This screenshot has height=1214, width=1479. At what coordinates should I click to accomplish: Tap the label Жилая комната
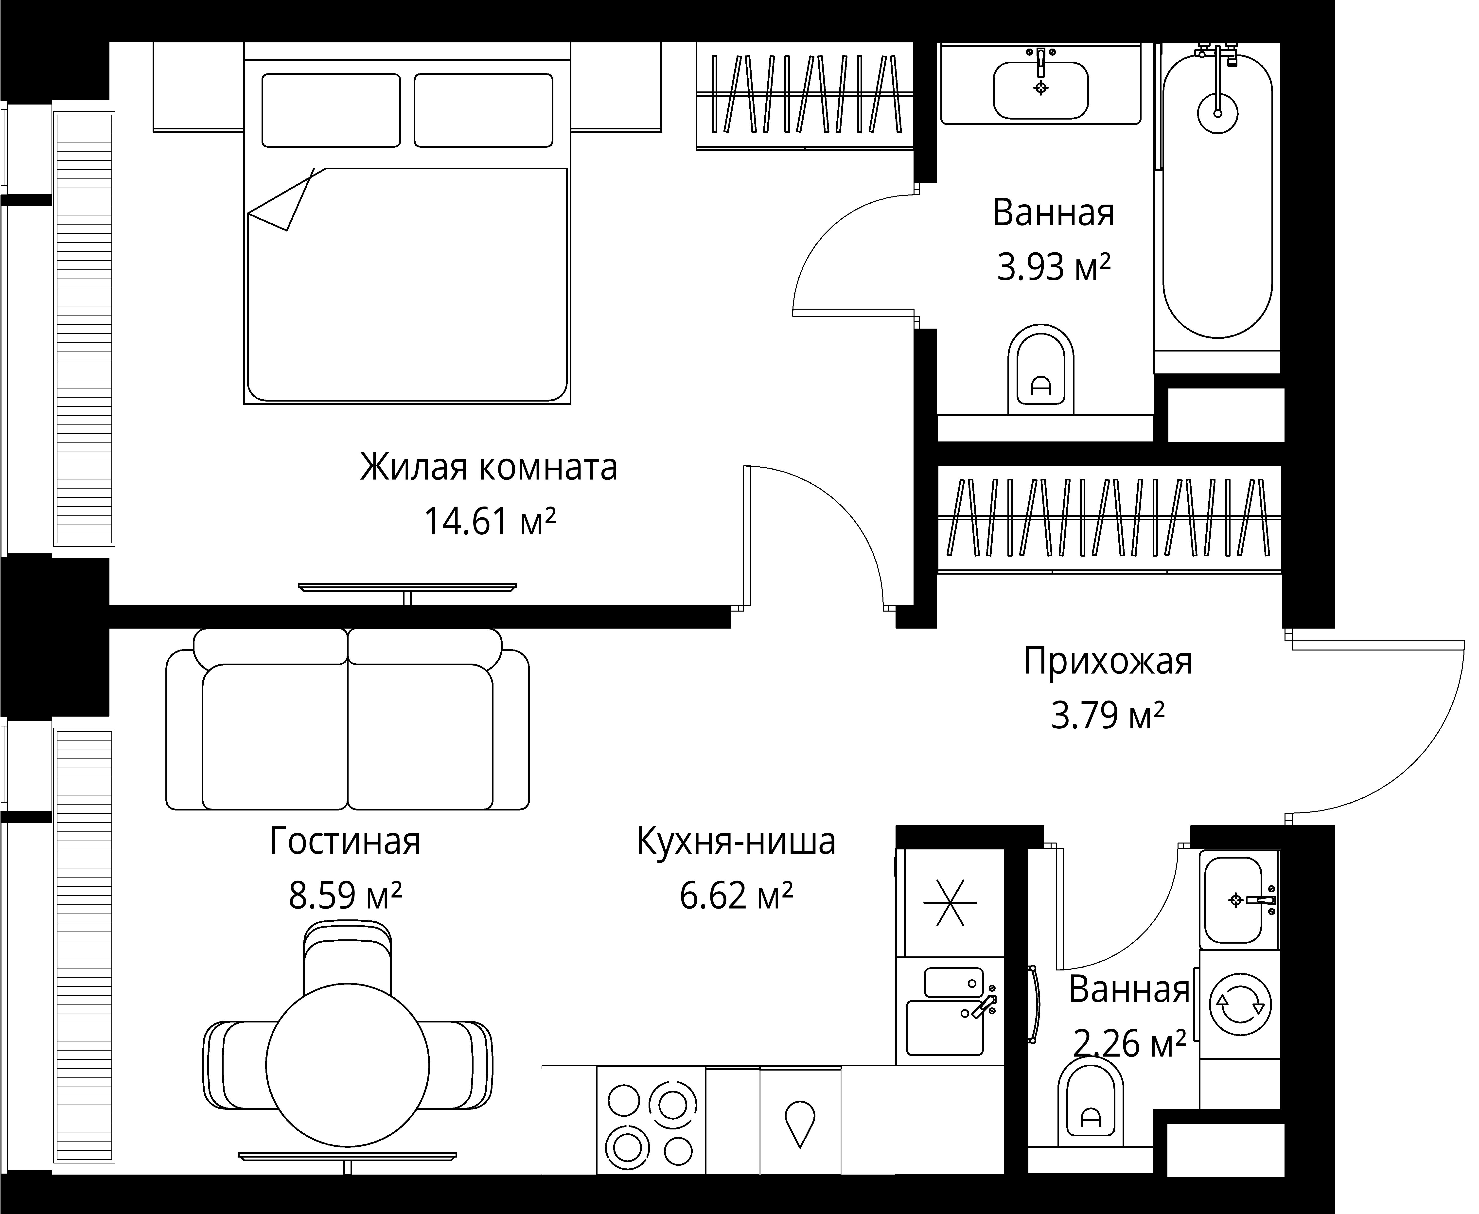489,467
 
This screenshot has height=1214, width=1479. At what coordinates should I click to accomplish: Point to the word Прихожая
1108,661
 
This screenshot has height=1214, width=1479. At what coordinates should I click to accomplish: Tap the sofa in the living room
348,720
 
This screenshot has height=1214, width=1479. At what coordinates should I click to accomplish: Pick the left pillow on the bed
331,110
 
